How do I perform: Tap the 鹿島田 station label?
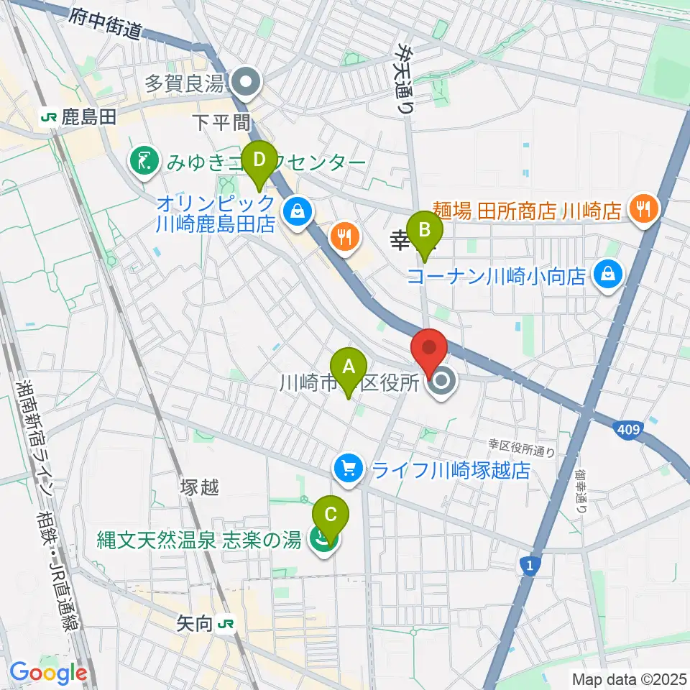(88, 118)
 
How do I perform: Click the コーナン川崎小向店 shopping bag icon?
(609, 275)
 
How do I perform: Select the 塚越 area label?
(199, 487)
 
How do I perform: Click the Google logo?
(49, 673)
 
